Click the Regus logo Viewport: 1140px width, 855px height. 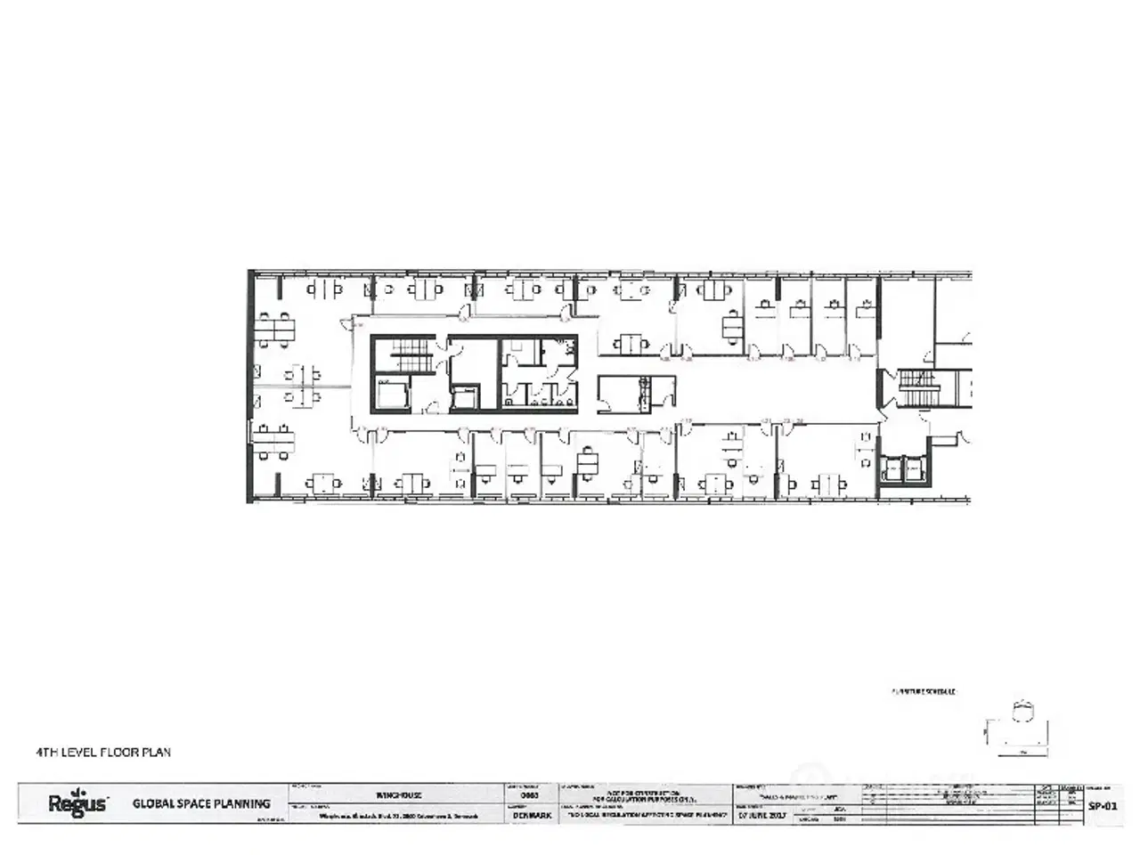(x=77, y=803)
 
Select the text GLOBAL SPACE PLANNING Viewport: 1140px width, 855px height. (x=201, y=803)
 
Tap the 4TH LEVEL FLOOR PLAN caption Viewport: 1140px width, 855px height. (x=103, y=753)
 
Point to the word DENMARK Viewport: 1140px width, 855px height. (x=532, y=815)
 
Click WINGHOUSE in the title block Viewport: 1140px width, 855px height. (x=398, y=794)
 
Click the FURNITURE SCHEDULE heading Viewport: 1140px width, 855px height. (x=923, y=691)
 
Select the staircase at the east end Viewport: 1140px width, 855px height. (x=916, y=387)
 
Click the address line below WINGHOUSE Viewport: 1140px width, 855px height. (x=398, y=815)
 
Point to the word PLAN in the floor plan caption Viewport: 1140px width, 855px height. (x=157, y=753)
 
